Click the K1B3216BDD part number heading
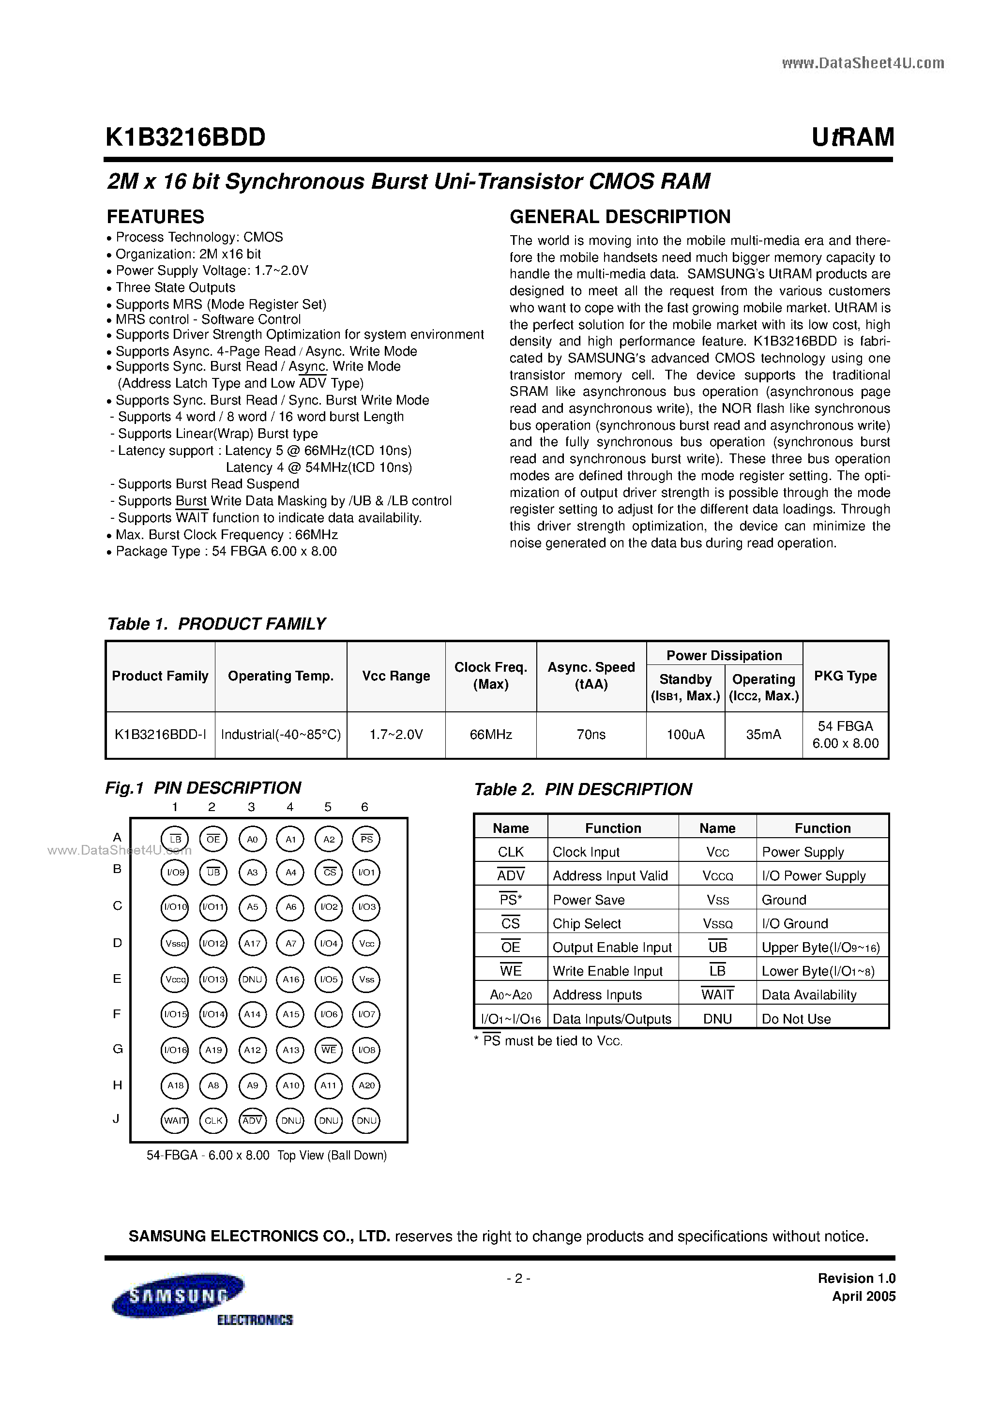point(185,137)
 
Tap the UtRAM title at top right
point(853,137)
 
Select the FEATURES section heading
point(155,216)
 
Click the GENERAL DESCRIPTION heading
point(620,216)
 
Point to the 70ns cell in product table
point(591,735)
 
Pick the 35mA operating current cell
point(763,735)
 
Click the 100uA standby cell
point(685,735)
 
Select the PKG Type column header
point(845,676)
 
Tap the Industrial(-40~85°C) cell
point(281,735)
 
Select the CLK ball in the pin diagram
point(213,1121)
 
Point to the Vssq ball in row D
point(175,944)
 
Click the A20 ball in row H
point(366,1085)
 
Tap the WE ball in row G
point(329,1050)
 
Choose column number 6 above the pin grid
point(364,807)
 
